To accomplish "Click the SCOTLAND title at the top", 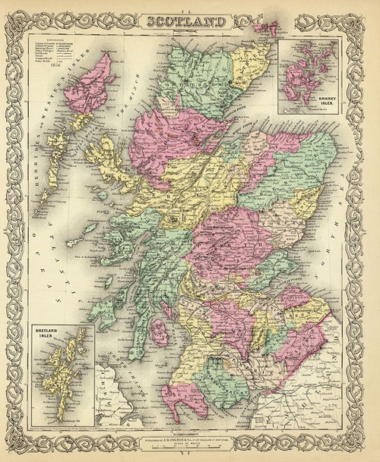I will pos(189,21).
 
